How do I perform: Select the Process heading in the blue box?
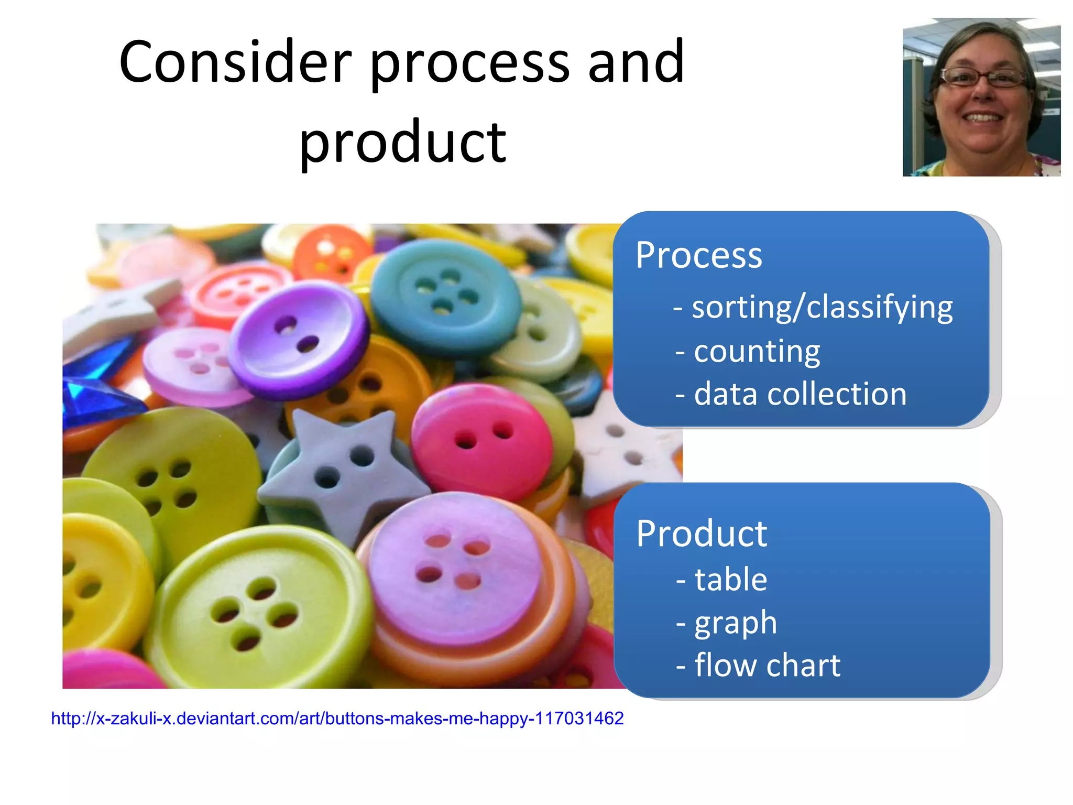click(698, 256)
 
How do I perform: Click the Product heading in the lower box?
click(702, 534)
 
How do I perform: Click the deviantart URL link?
click(337, 719)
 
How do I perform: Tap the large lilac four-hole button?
click(451, 566)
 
